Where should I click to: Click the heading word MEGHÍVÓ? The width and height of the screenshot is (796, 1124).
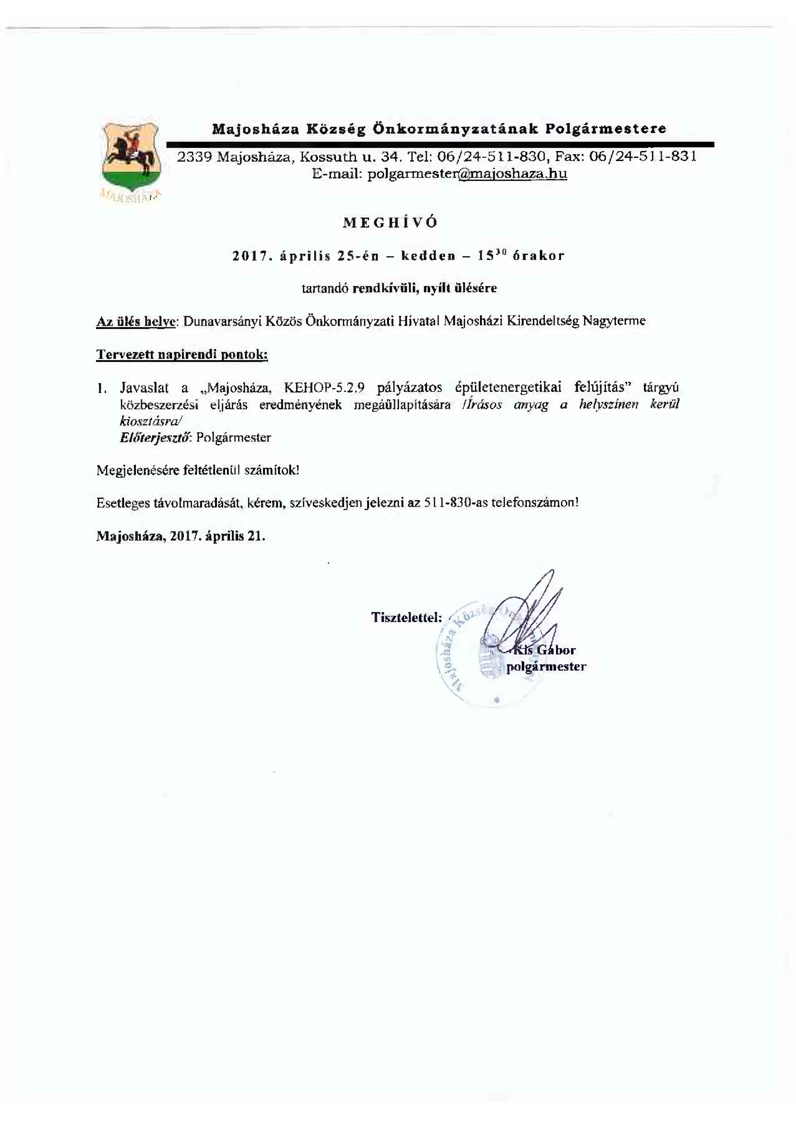pos(390,223)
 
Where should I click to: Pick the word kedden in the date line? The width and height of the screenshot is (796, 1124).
pos(428,256)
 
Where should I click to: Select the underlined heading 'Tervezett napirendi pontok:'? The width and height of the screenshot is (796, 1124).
pos(182,355)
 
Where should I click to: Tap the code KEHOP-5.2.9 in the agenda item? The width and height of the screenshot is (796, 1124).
pos(324,388)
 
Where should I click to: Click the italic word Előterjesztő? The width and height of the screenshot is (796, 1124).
pos(154,437)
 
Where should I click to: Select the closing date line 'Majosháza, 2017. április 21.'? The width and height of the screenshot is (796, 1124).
pos(181,536)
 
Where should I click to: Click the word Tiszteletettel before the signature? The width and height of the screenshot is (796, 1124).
pos(406,617)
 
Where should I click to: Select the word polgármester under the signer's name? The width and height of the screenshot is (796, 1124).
pos(546,667)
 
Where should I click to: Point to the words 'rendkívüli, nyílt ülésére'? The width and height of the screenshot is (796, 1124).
pos(424,288)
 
